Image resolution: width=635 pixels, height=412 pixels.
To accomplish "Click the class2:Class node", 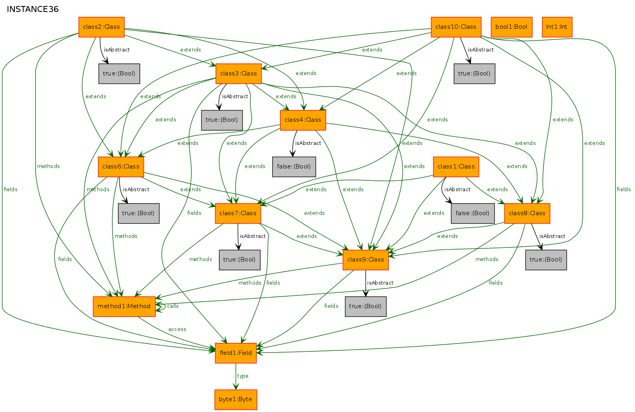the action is click(102, 27).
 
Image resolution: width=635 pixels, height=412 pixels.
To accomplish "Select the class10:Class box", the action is click(456, 27).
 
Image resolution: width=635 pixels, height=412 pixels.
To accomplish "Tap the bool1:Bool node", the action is click(512, 27).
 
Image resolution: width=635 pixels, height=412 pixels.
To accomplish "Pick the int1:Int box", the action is click(557, 27).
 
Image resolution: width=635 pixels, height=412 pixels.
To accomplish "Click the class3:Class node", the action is click(239, 73).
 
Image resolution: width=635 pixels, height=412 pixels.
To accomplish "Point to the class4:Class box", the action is click(303, 120).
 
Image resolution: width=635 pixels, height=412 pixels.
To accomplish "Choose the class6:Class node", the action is click(121, 166).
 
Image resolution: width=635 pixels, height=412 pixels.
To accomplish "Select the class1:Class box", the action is click(456, 166).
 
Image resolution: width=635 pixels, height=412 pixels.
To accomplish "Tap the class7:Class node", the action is click(238, 213).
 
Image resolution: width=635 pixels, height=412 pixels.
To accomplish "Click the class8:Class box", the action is click(527, 213).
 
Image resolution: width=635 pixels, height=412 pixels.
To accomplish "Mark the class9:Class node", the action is click(365, 259).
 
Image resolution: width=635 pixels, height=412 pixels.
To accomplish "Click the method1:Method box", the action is click(124, 306).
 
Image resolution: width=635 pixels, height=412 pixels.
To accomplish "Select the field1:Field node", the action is click(235, 353).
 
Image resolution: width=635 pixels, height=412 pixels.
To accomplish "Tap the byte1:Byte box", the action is click(235, 400).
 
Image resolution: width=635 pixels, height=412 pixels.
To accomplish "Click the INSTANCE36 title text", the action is click(33, 9).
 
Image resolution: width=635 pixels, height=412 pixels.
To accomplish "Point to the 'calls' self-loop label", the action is click(173, 306).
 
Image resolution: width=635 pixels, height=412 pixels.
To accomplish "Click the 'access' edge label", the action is click(177, 329).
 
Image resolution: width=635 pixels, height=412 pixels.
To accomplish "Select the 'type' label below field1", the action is click(243, 376).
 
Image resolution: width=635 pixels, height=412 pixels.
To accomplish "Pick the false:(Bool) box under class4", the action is click(294, 166).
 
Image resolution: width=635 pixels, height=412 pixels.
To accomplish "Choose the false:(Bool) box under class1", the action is click(473, 213).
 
